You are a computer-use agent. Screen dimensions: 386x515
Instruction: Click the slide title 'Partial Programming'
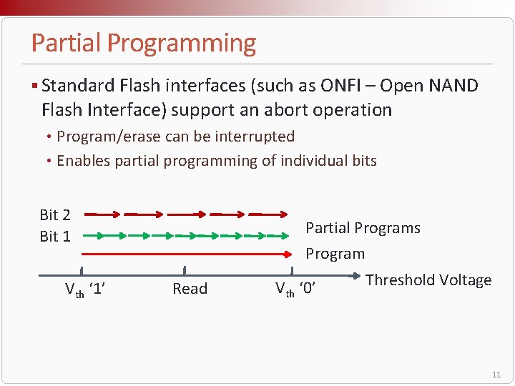click(143, 44)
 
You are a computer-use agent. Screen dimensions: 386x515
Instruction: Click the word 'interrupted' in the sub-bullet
click(257, 137)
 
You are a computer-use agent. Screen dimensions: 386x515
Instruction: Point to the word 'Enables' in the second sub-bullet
click(82, 161)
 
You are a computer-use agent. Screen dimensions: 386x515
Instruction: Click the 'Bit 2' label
click(55, 214)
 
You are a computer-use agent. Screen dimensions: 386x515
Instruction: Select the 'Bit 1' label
click(55, 236)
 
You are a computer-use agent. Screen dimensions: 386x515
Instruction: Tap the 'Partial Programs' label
click(363, 228)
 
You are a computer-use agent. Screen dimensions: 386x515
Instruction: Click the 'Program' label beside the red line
click(335, 254)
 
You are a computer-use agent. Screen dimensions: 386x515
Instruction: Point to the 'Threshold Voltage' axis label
click(428, 280)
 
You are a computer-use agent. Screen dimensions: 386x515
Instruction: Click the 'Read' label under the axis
click(190, 289)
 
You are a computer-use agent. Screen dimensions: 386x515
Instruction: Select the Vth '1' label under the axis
click(86, 289)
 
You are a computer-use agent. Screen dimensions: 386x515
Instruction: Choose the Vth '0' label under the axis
click(295, 289)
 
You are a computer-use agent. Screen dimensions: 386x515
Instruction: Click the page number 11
click(496, 375)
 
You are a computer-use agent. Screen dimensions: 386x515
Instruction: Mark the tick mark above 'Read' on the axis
click(185, 270)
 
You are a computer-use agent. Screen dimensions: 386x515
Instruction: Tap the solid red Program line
click(186, 253)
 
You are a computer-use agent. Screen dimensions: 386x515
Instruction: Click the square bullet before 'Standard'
click(35, 86)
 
